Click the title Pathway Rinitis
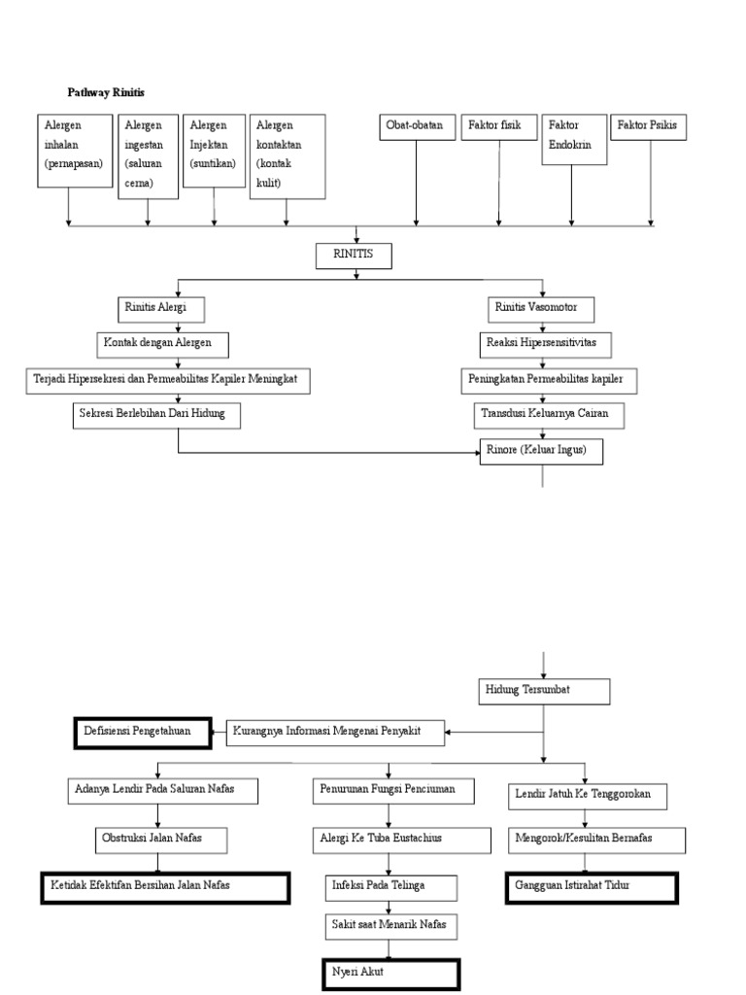click(106, 92)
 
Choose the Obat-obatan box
click(417, 126)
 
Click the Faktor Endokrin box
click(574, 140)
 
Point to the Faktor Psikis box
click(649, 126)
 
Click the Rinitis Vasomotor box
click(538, 308)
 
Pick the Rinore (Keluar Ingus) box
click(541, 452)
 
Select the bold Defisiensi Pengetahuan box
click(142, 732)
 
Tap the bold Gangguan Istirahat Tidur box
click(592, 888)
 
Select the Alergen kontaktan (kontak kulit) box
click(288, 156)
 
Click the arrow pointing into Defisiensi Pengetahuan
click(219, 732)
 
